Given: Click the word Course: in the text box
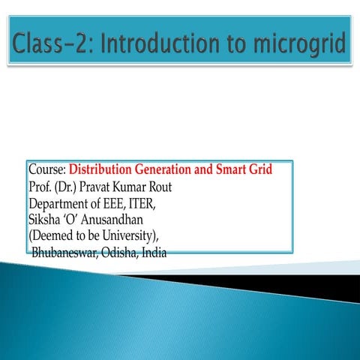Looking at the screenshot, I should pos(48,170).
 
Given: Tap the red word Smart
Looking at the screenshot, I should pos(235,170).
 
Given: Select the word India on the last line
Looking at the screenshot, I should pos(154,253).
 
